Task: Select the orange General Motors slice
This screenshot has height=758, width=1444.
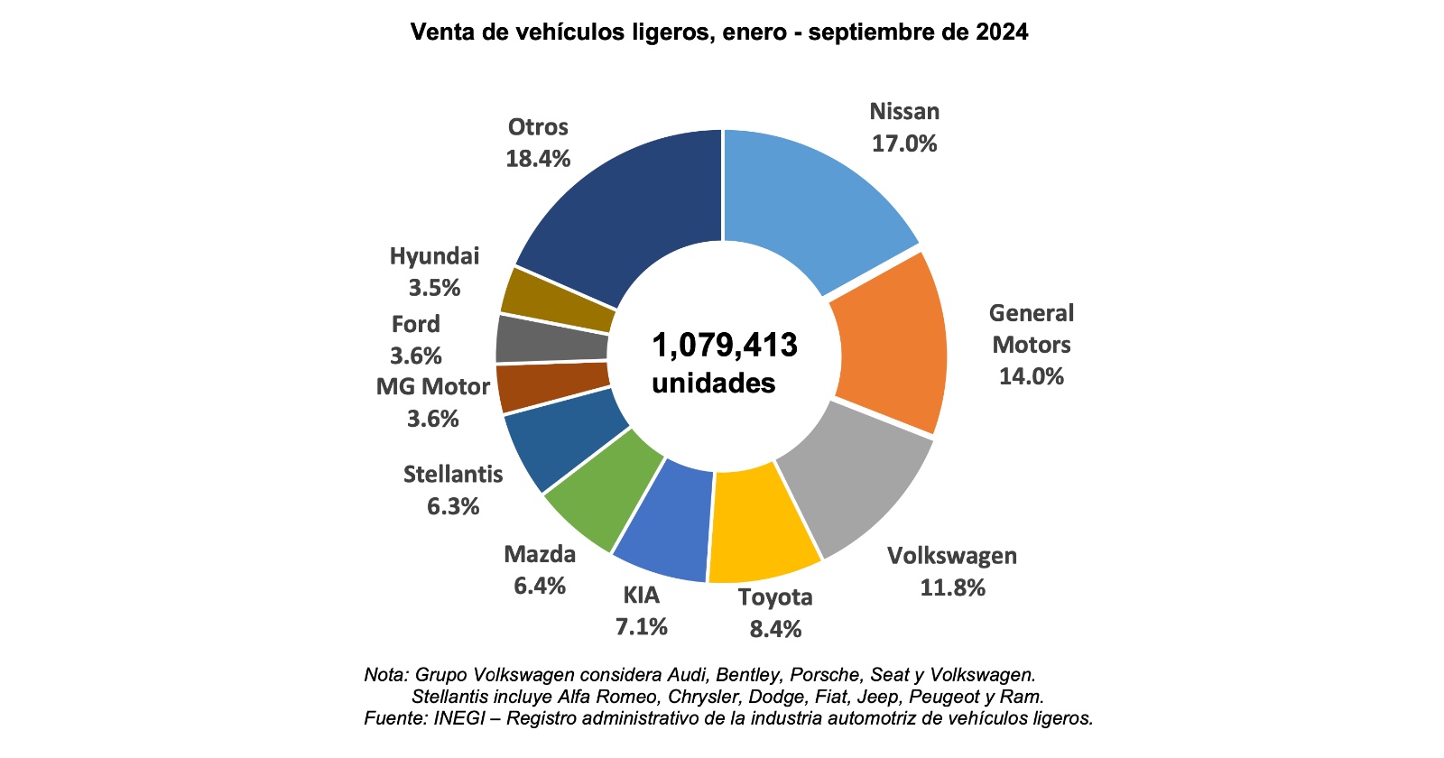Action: [889, 343]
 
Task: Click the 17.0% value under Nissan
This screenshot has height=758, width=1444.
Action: [904, 143]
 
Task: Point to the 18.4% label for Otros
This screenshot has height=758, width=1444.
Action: [538, 159]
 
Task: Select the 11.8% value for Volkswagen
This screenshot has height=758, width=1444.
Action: [952, 588]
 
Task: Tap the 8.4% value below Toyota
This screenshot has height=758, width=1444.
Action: [775, 629]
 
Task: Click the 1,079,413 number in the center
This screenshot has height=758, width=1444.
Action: [725, 345]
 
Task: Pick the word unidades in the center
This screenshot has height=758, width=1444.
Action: [714, 383]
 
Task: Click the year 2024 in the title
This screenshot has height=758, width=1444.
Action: [1002, 32]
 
